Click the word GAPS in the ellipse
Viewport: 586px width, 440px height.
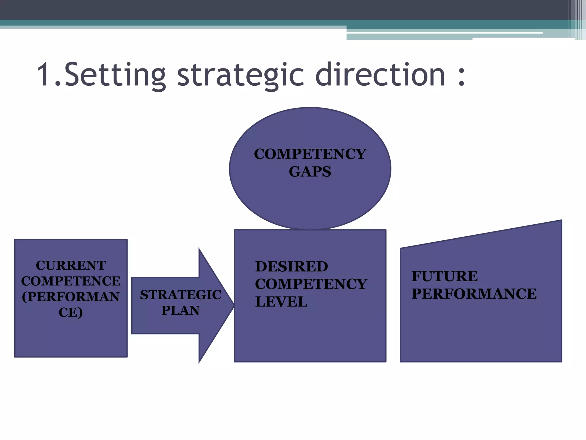(x=310, y=172)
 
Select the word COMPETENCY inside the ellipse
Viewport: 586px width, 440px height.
(x=310, y=154)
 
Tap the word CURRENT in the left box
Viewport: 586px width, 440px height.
(x=71, y=266)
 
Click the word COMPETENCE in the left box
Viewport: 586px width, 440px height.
(x=71, y=281)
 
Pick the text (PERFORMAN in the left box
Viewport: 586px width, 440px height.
(x=71, y=297)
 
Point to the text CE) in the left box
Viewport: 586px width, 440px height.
(x=71, y=312)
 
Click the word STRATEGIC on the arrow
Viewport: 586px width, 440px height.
(x=180, y=295)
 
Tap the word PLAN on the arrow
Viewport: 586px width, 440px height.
(x=180, y=311)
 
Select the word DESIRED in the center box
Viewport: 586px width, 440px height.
(x=292, y=266)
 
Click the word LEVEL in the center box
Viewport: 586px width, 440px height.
(x=281, y=302)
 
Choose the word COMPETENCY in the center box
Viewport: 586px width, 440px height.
(x=311, y=284)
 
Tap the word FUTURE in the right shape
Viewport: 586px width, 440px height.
(x=445, y=276)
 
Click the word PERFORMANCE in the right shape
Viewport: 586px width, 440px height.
(x=474, y=294)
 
